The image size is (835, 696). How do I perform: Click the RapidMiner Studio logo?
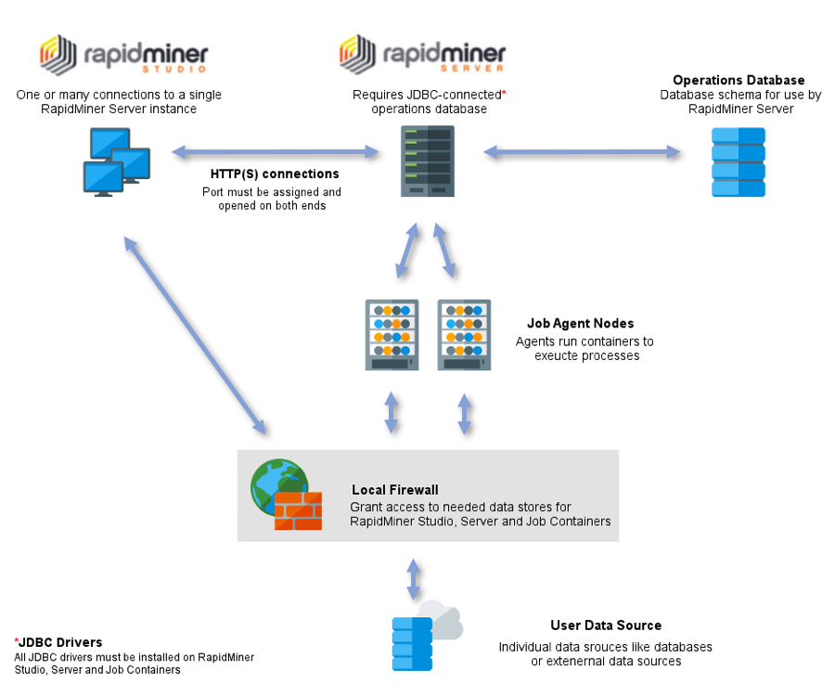(123, 55)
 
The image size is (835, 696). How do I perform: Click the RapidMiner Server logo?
(422, 55)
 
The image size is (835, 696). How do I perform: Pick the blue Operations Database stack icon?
(739, 161)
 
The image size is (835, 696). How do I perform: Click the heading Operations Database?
(739, 81)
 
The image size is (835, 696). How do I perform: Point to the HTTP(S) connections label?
(275, 174)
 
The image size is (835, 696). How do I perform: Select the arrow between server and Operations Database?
(582, 150)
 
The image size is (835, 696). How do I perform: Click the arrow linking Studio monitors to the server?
(272, 150)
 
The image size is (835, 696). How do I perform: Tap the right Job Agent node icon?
(464, 334)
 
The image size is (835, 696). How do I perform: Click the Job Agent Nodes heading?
(581, 324)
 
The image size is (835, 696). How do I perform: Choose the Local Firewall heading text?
(395, 489)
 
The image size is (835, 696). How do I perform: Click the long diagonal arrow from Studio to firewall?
(197, 335)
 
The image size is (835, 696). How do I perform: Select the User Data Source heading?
(606, 625)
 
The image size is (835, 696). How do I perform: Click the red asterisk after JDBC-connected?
(504, 94)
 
